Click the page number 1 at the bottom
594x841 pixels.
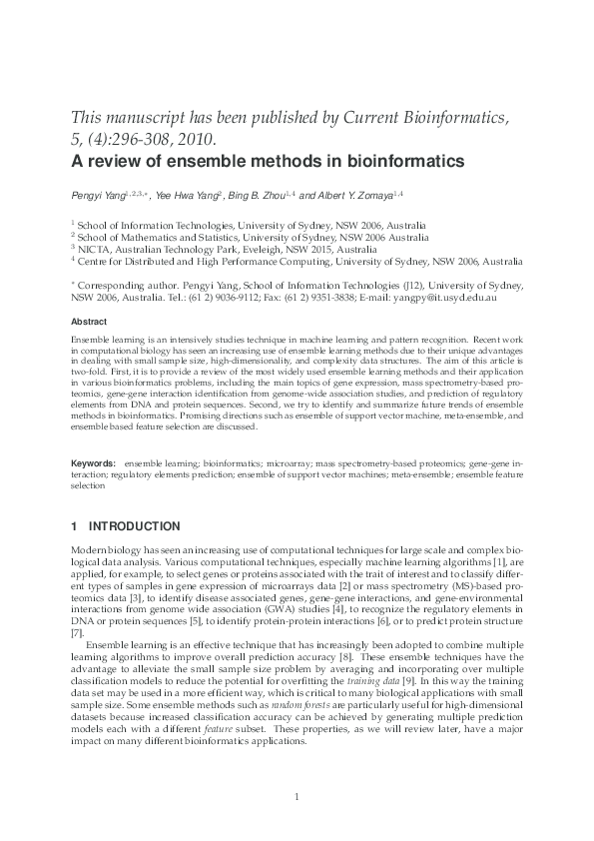click(297, 796)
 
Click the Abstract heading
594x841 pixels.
click(88, 322)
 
